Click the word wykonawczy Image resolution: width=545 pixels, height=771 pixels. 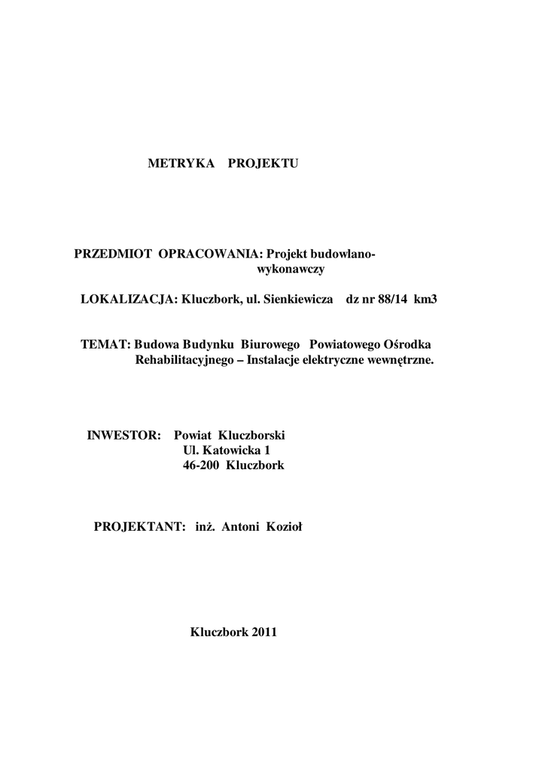(291, 269)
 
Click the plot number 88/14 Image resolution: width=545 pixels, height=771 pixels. (391, 299)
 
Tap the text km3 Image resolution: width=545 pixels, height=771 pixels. (425, 299)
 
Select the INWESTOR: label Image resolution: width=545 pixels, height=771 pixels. (125, 435)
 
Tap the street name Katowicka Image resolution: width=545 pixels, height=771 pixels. (228, 450)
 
